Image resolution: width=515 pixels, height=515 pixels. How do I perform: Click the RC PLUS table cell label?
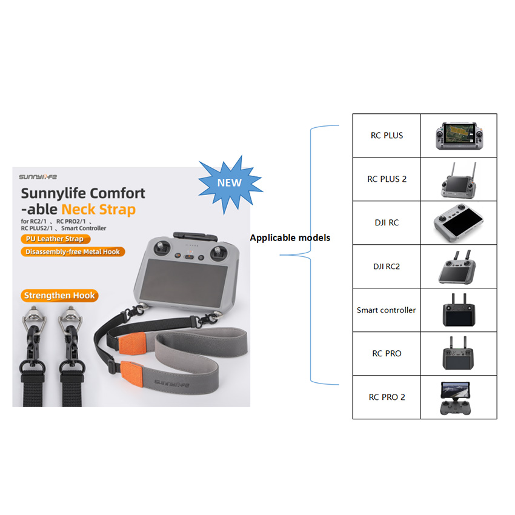[387, 136]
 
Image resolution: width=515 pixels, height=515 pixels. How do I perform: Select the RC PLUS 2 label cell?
[387, 179]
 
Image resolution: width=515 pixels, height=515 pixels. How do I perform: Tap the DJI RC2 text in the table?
[387, 266]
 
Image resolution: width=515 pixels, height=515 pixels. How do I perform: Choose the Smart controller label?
[387, 310]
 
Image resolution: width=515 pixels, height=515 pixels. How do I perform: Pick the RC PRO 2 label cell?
[387, 397]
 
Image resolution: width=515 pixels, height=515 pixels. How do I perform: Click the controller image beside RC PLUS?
[459, 136]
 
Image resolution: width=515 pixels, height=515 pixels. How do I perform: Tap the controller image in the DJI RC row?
[459, 222]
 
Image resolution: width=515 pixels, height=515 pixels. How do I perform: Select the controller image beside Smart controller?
[459, 310]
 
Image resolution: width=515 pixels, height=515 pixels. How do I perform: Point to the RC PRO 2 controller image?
[459, 397]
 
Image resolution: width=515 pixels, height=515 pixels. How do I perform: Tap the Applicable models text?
[290, 238]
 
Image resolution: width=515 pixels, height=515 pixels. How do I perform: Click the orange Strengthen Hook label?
[59, 296]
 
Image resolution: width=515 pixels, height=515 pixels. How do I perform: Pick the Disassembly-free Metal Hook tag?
[72, 251]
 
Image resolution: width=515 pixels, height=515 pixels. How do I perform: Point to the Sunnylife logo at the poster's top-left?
[37, 177]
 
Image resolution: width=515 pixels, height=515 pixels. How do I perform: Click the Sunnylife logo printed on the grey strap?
[172, 383]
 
